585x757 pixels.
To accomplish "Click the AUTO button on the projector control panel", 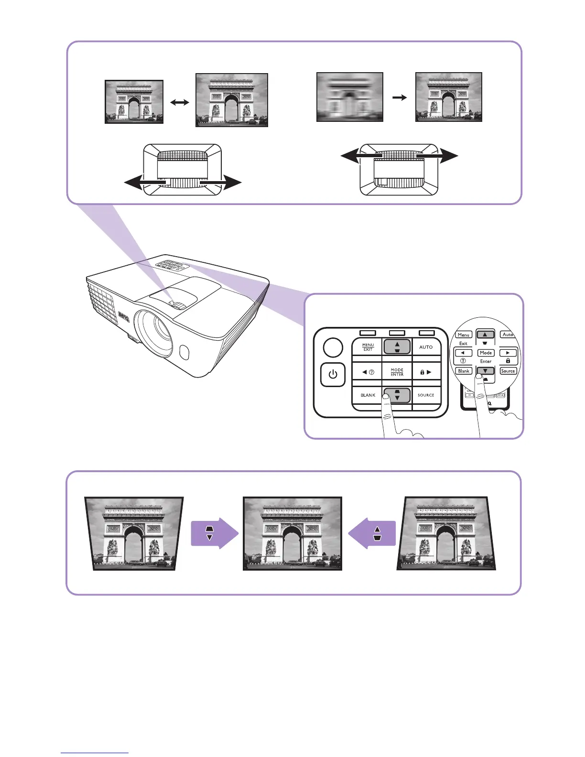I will click(426, 347).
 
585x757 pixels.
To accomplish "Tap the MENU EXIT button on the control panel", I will click(368, 347).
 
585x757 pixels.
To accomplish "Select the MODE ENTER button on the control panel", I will click(397, 372).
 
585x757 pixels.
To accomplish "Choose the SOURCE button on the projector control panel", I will click(426, 395).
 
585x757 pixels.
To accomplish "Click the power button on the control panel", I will click(333, 374).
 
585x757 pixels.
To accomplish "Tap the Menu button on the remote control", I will click(464, 335).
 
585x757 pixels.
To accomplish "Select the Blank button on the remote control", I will click(464, 371).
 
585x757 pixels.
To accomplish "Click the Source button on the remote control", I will click(508, 371).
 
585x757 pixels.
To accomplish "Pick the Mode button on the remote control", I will click(486, 353).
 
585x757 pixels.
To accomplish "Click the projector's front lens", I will click(154, 331).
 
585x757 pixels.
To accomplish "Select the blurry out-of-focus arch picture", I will click(350, 97).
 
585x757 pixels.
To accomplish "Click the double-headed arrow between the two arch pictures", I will click(180, 102).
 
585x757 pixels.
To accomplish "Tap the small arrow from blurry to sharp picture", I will click(400, 97).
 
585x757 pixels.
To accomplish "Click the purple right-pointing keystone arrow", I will click(214, 533).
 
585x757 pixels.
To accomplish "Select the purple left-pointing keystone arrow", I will click(372, 533).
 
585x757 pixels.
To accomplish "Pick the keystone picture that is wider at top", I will click(134, 533).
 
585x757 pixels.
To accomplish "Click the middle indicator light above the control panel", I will click(397, 333).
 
